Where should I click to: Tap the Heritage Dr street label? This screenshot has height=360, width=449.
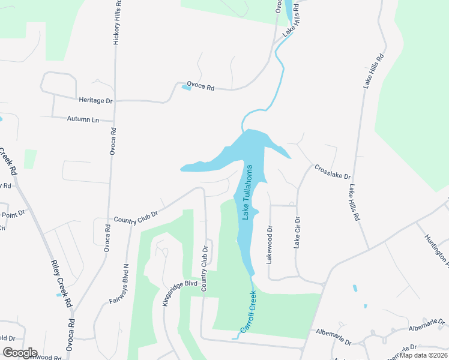click(x=95, y=100)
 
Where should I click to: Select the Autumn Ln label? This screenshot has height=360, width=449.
click(x=83, y=119)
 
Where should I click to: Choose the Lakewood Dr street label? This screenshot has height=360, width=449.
click(x=270, y=245)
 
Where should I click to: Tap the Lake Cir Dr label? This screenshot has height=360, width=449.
click(x=297, y=232)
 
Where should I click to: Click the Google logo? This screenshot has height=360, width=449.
click(x=19, y=353)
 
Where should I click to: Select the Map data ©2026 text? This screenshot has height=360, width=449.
click(x=423, y=355)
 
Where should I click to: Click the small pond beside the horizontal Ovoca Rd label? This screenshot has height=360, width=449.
click(x=186, y=88)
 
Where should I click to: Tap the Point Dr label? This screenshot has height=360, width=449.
click(x=13, y=214)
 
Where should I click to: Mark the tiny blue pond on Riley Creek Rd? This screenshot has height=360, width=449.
click(x=58, y=295)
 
